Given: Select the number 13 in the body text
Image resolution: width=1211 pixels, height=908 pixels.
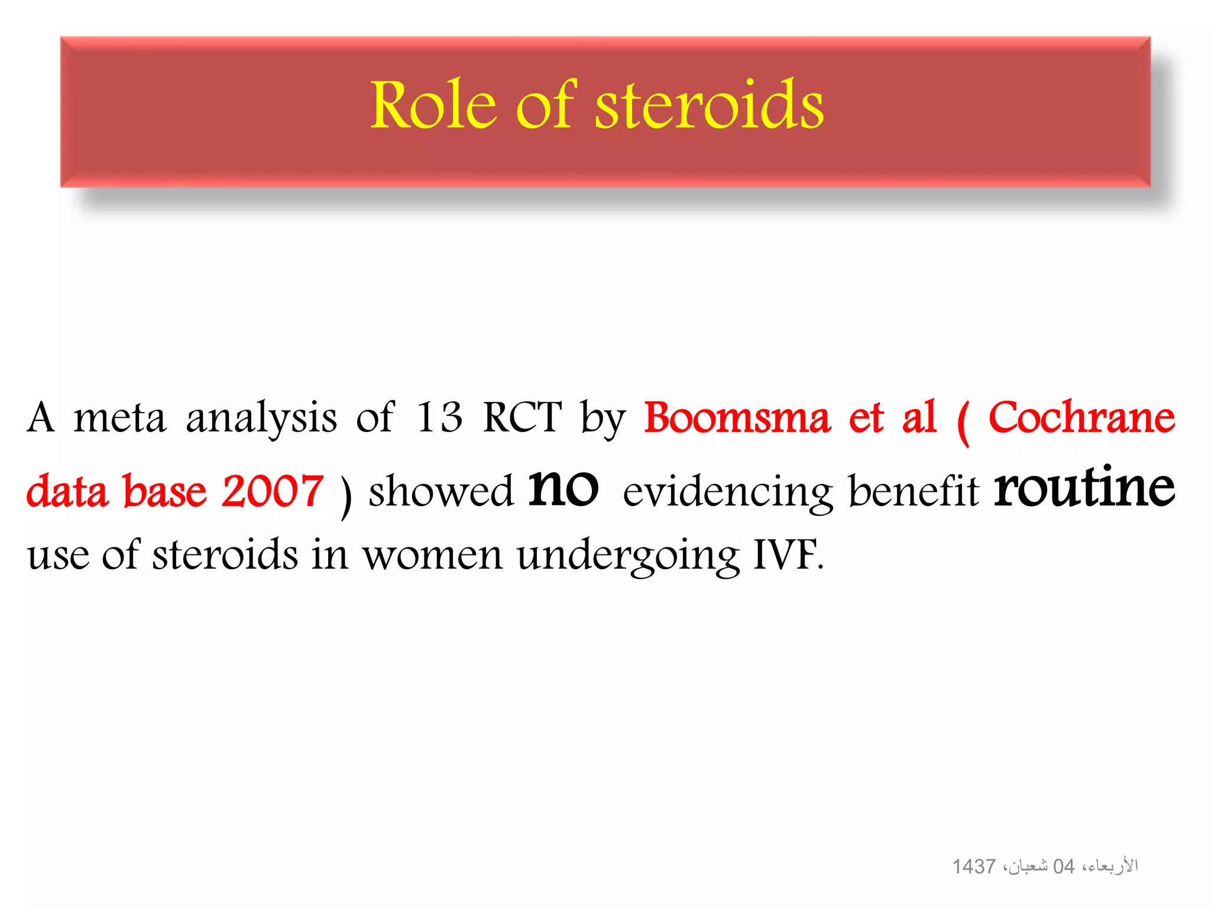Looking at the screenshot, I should pyautogui.click(x=439, y=417).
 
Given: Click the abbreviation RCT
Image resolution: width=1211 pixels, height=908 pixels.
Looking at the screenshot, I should pyautogui.click(x=522, y=417).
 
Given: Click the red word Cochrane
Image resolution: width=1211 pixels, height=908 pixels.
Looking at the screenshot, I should pyautogui.click(x=1082, y=417).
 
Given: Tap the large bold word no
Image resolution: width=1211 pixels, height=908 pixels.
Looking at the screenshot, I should pyautogui.click(x=563, y=488).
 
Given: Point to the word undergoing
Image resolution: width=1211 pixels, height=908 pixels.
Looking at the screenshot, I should pyautogui.click(x=628, y=556).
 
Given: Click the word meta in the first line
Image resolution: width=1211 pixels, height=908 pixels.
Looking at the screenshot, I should pyautogui.click(x=119, y=417).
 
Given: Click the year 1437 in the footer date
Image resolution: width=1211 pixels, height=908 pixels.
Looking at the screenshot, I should pyautogui.click(x=973, y=867).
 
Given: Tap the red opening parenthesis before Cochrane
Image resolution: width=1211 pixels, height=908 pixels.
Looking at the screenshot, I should pyautogui.click(x=963, y=421).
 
